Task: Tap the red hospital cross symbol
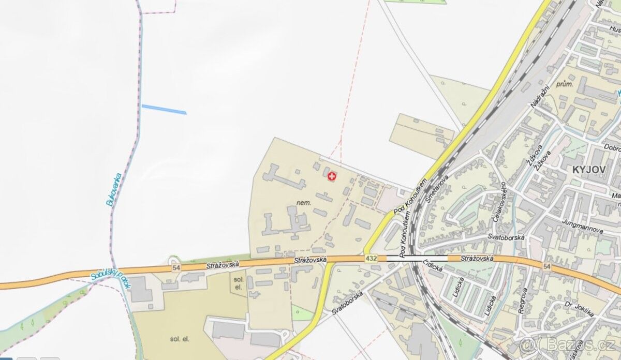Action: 332,177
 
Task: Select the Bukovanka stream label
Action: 112,189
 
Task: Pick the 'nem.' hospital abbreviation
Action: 304,202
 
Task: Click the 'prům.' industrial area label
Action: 564,84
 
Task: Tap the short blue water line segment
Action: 164,109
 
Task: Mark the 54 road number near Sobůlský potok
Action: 176,267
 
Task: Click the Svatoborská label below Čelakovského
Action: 506,237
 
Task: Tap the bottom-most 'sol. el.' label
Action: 180,339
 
